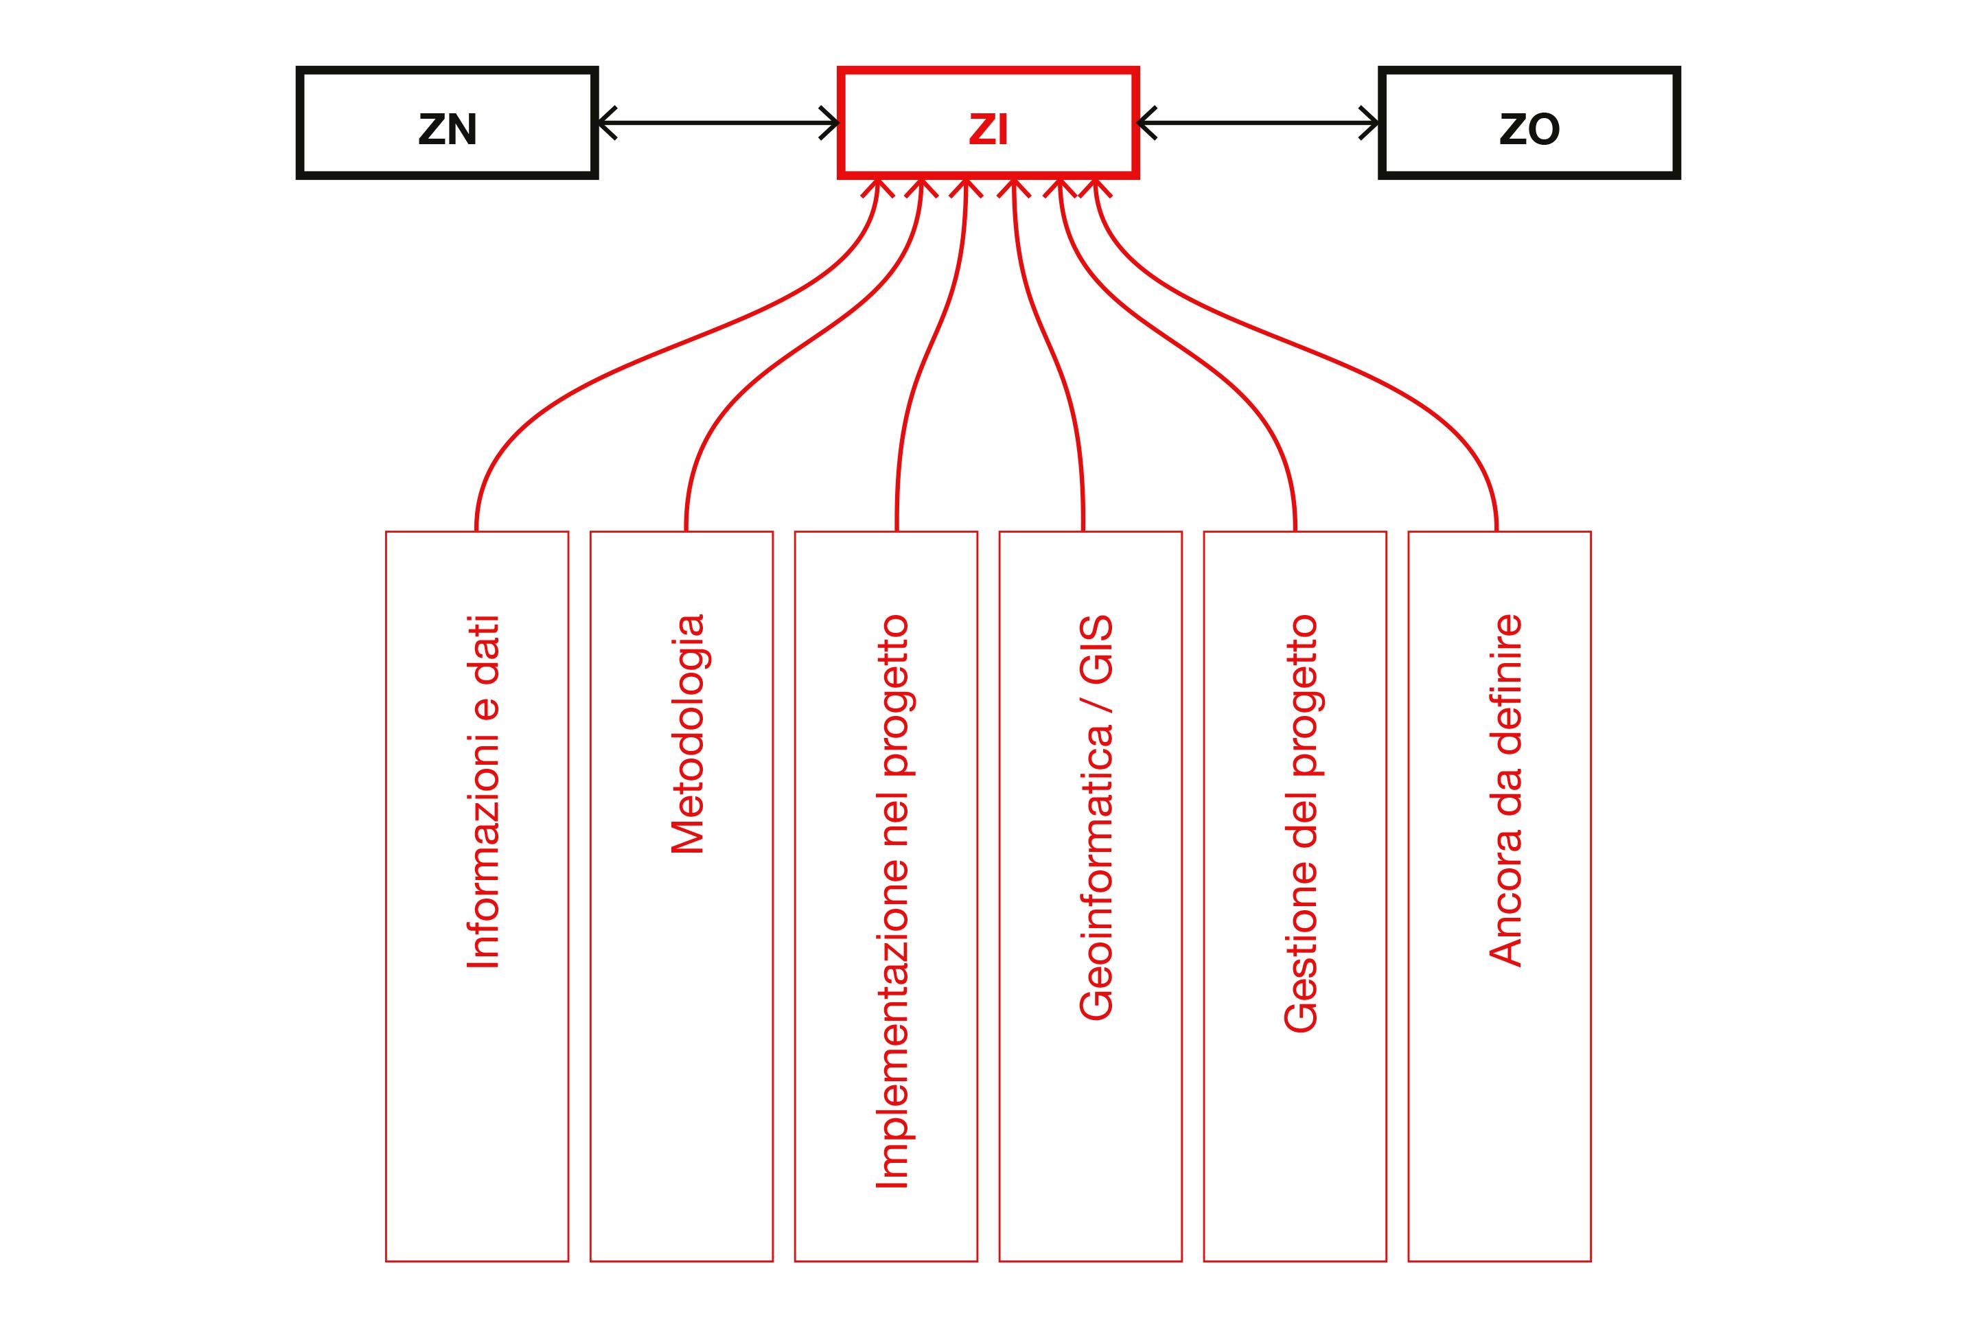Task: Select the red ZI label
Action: (988, 130)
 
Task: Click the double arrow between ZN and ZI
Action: (719, 123)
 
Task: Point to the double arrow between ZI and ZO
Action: (1258, 123)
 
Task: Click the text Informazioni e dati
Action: (483, 791)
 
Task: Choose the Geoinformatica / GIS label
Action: (1096, 817)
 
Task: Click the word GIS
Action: (1096, 648)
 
